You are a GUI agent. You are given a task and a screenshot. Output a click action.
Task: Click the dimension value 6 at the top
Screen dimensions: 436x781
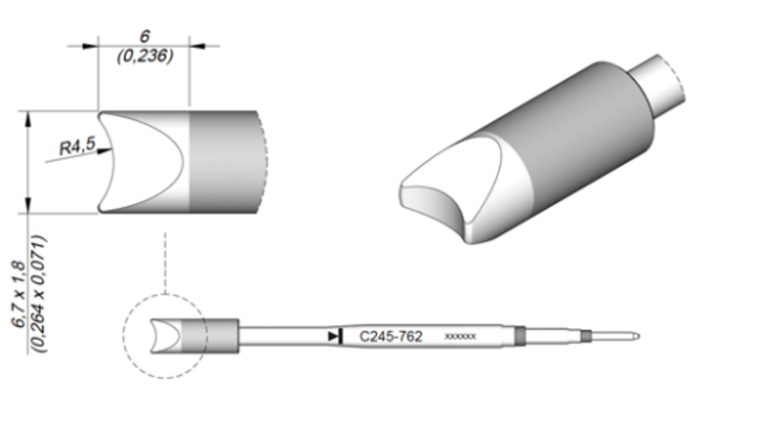(144, 36)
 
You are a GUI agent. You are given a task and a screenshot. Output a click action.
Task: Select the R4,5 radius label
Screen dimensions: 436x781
(77, 147)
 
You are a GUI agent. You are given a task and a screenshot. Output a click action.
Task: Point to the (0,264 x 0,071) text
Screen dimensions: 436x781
(39, 294)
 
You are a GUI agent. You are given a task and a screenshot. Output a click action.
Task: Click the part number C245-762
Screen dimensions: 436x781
(391, 337)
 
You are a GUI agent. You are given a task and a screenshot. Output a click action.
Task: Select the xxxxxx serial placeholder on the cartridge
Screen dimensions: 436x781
(460, 337)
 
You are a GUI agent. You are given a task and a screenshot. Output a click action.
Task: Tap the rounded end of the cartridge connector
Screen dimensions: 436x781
(636, 337)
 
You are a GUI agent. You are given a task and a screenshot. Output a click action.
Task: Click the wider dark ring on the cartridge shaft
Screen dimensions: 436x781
(520, 336)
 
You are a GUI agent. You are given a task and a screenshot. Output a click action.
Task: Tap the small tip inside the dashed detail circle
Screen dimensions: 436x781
(166, 336)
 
